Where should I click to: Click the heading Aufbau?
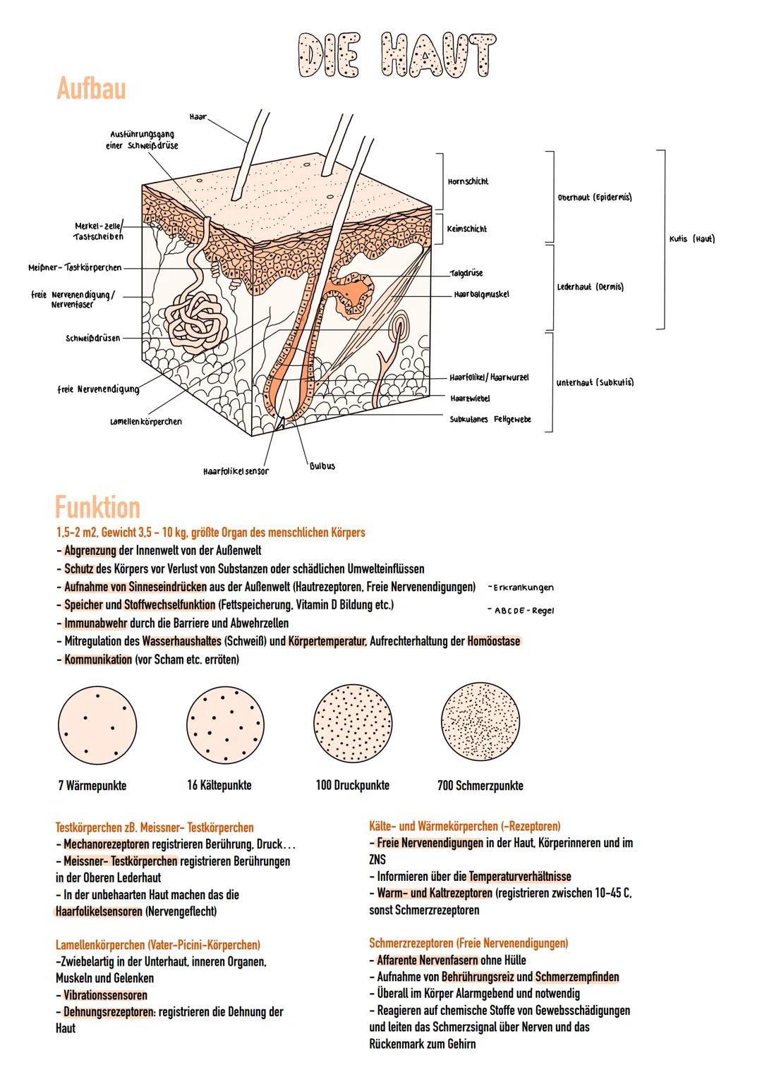(x=91, y=90)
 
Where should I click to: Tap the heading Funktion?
(x=97, y=506)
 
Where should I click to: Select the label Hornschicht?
(x=468, y=181)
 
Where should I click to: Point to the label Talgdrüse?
(x=466, y=273)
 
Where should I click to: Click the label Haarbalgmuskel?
(x=482, y=293)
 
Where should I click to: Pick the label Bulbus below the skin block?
(x=322, y=466)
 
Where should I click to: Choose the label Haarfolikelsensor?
(x=236, y=470)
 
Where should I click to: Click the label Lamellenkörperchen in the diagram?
(x=146, y=422)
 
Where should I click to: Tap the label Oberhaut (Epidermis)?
(x=595, y=197)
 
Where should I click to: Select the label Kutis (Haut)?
(x=691, y=238)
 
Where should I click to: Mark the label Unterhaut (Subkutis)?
(x=595, y=382)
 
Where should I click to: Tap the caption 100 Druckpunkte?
(x=352, y=785)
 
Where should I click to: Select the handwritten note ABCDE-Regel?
(x=522, y=611)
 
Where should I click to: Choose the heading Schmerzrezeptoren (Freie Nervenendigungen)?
(x=468, y=943)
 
